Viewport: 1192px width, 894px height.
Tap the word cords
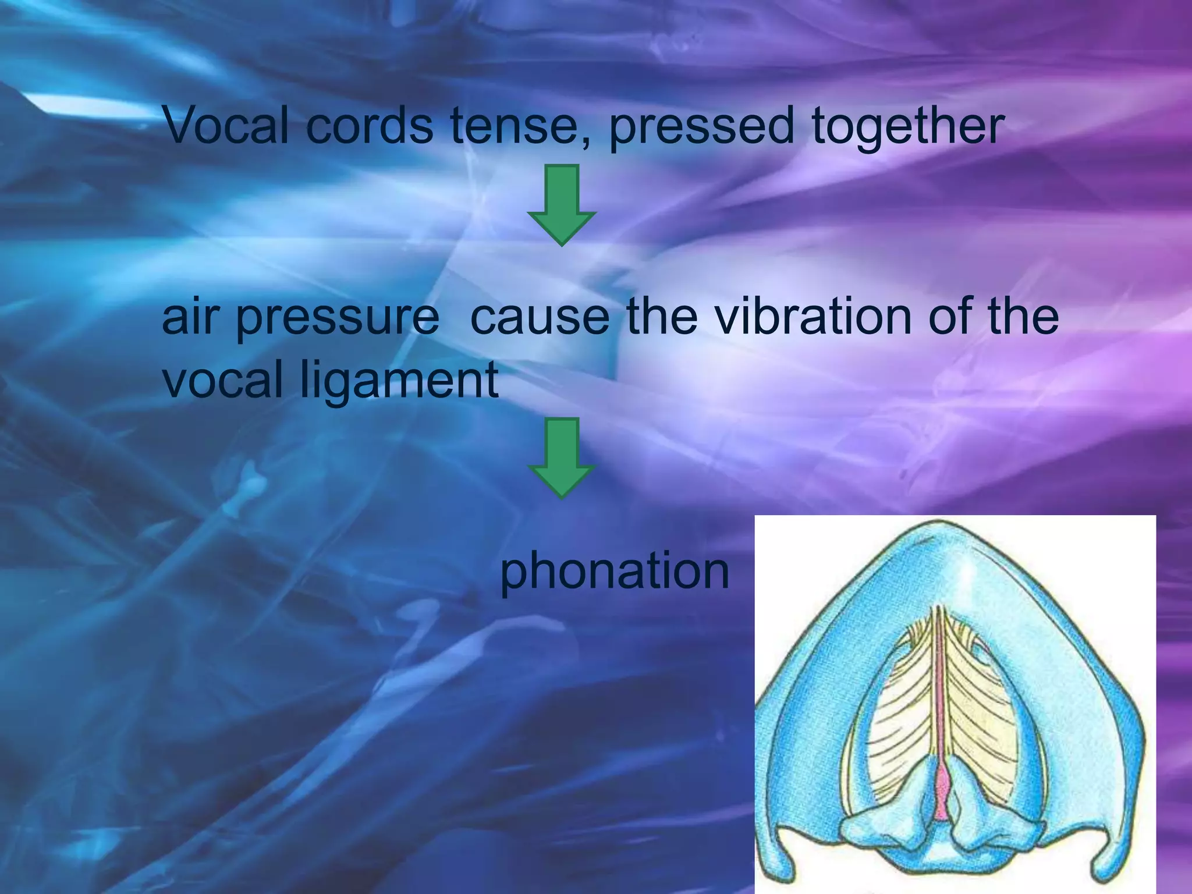pyautogui.click(x=369, y=125)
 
